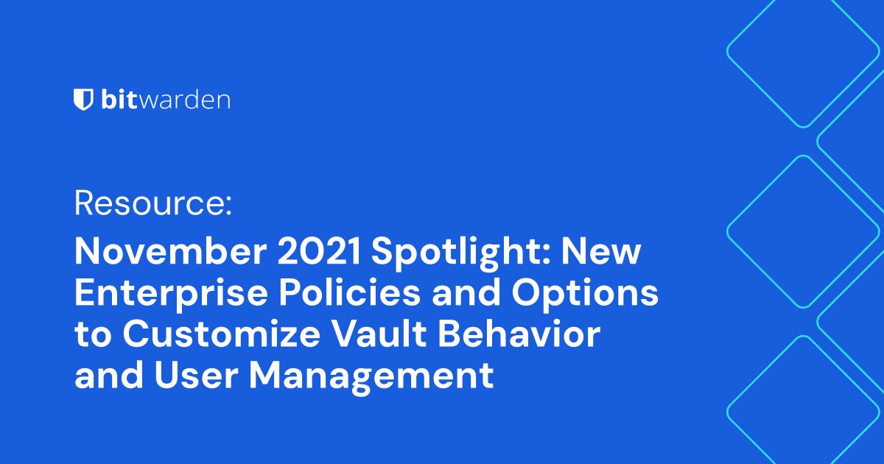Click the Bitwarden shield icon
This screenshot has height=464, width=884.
pos(83,100)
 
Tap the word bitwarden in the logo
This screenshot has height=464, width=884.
pos(165,100)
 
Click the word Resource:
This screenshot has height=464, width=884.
pos(153,203)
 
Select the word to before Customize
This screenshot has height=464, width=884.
pos(94,337)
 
